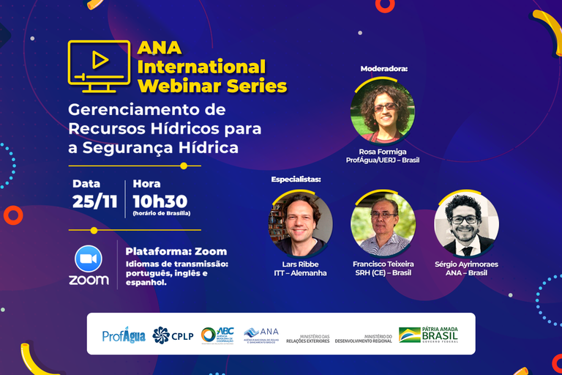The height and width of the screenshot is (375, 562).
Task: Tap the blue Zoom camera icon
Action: coord(89,259)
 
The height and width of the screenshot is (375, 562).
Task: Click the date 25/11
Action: coord(94,201)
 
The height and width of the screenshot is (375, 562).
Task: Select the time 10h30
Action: coord(160,201)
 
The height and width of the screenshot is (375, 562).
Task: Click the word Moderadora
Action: coord(383,69)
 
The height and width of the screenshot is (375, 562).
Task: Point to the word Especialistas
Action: coord(296,179)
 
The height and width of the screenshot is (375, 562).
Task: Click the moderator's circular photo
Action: coord(383,111)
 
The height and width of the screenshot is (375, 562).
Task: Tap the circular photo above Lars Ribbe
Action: coord(301,223)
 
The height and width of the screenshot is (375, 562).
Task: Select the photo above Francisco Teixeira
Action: coord(383,223)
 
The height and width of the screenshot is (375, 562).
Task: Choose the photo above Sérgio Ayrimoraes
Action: coord(466,223)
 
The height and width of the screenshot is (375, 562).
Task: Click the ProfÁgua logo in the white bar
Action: coord(124,335)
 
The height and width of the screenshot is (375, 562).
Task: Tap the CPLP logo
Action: coord(173,335)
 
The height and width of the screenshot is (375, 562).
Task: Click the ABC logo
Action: coord(217,335)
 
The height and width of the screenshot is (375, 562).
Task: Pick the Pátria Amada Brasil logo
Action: coord(429,334)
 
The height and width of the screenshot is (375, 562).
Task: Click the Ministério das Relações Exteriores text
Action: coord(310,337)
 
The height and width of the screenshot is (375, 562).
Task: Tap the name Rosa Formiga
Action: coord(383,150)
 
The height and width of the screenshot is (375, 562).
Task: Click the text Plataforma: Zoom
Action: coord(176,251)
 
